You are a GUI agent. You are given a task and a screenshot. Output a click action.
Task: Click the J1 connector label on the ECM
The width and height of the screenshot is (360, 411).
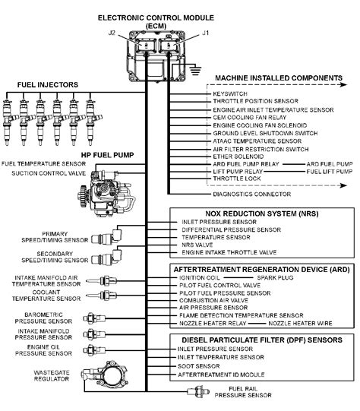coord(204,32)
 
